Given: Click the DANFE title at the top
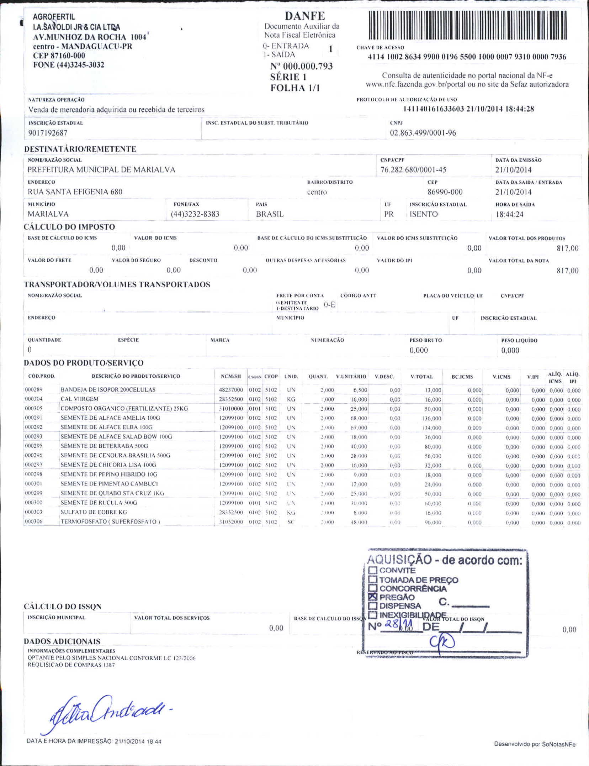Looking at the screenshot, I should tap(305, 16).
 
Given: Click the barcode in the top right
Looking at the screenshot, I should tap(467, 25).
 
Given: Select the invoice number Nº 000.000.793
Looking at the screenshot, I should tap(301, 66).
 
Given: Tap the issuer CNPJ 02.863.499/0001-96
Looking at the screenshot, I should tap(423, 133).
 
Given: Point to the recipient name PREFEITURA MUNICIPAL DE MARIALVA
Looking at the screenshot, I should tap(101, 169).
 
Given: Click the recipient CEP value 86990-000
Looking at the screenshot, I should tap(445, 192).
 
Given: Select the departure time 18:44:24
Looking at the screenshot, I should tap(509, 214).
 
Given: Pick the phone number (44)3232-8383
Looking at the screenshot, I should tap(195, 214).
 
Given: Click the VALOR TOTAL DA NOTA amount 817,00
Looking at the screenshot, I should tap(567, 271).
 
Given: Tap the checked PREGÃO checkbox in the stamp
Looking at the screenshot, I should tap(372, 597).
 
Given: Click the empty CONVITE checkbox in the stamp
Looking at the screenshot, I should tap(372, 570).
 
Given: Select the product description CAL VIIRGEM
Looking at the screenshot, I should tap(79, 399).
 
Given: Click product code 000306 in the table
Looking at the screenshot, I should tap(33, 521).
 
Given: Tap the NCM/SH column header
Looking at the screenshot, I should tap(231, 376).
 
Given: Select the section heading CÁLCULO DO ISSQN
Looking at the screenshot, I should tap(63, 607).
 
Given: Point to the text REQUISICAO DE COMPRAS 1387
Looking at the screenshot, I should tap(71, 665).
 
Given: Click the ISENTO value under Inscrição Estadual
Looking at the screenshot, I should tap(424, 214).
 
